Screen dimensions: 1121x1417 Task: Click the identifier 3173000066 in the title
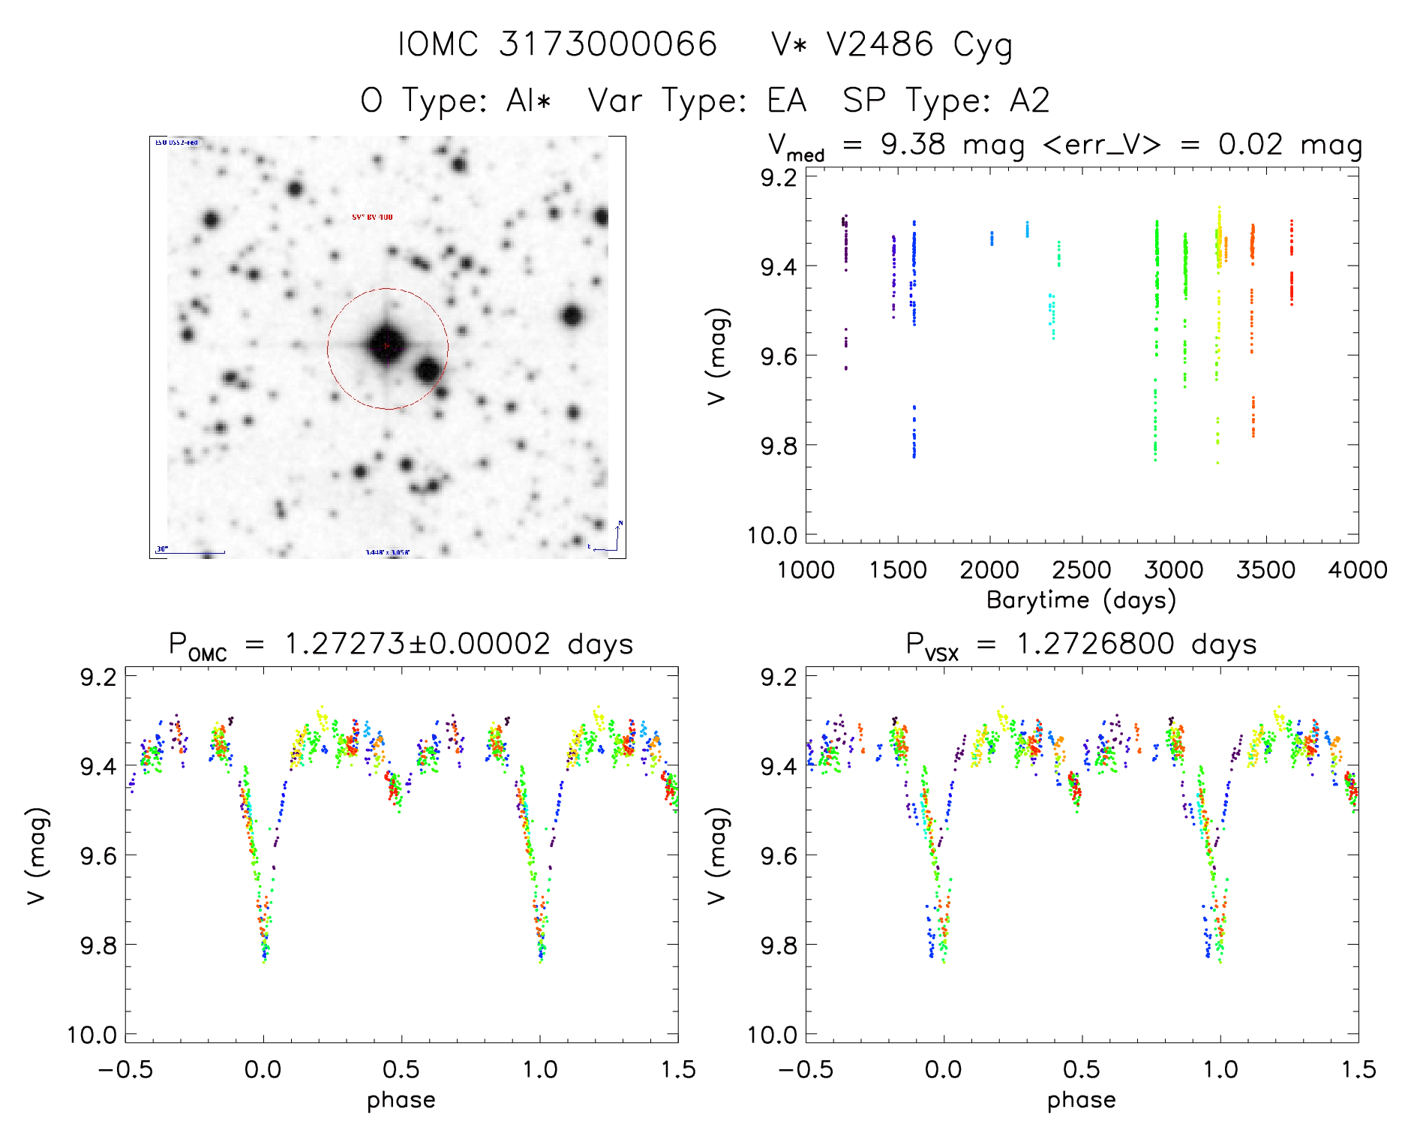[608, 44]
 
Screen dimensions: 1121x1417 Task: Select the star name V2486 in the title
[879, 44]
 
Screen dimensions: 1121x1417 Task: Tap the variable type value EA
[786, 101]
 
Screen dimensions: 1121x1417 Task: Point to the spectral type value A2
[1029, 101]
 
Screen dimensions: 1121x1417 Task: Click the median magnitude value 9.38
[913, 144]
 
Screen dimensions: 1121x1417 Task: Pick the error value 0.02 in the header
[1250, 144]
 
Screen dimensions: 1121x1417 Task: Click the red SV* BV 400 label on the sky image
[372, 217]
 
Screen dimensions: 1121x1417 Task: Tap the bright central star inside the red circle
[386, 345]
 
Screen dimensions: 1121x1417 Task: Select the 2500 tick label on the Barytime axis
[1082, 570]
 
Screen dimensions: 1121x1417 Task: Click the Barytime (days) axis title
[1081, 600]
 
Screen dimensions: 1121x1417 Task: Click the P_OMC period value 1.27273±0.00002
[417, 645]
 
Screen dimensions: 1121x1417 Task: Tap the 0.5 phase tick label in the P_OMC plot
[401, 1069]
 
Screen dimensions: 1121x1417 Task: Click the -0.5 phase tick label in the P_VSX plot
[805, 1069]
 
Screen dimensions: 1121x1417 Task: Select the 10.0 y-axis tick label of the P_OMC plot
[92, 1035]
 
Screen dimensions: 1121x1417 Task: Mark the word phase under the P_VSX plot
[1081, 1100]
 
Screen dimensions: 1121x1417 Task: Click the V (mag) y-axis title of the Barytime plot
[717, 356]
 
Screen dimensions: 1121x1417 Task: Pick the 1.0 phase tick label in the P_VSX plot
[1220, 1069]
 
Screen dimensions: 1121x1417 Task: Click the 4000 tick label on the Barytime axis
[1358, 570]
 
